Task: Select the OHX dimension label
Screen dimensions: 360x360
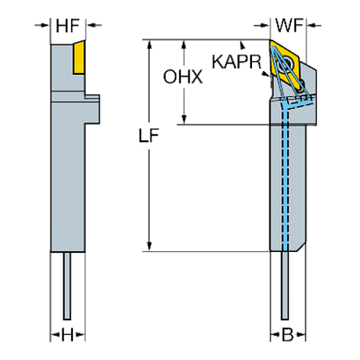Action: point(183,76)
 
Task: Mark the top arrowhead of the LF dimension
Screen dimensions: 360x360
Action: point(151,46)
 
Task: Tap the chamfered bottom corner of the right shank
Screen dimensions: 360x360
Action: point(300,246)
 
